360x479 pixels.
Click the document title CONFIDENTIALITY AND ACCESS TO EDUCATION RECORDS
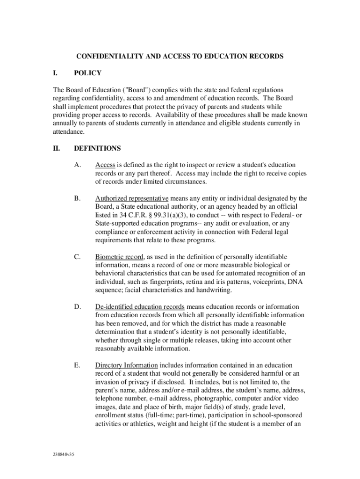pos(180,57)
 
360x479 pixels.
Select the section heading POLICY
pos(87,73)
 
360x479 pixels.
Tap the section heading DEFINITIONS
pos(97,149)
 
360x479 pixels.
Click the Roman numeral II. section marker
pos(57,149)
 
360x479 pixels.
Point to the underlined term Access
pos(105,165)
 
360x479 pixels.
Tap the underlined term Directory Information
pos(126,365)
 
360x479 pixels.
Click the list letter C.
pos(77,257)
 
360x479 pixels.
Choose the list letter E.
pos(77,365)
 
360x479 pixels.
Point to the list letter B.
pos(77,198)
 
